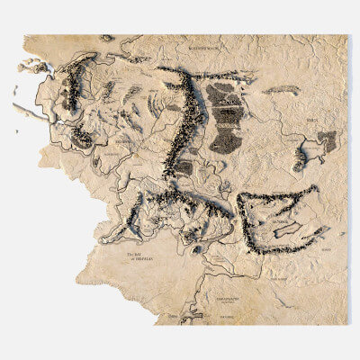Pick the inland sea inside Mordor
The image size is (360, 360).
coord(287,229)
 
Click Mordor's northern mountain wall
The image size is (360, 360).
coord(279,195)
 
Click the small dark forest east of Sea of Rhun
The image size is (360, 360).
coord(327,140)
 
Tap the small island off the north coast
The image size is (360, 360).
coord(107,38)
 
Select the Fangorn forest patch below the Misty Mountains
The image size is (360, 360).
coord(183,168)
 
